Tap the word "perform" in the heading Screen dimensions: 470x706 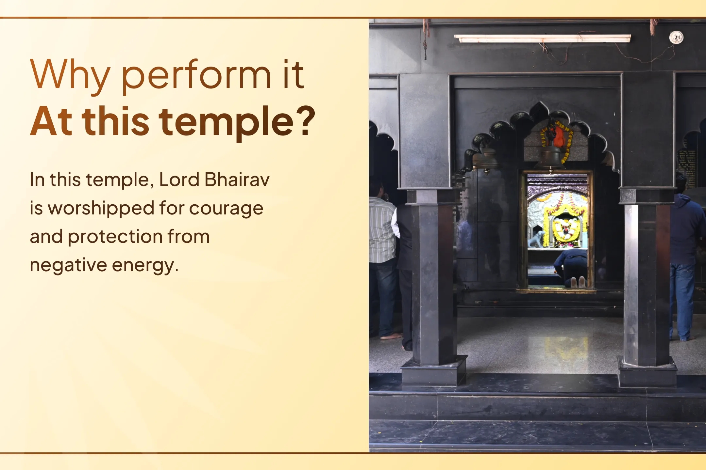196,76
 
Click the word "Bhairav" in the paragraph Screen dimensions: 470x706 237,180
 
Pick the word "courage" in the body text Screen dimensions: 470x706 226,209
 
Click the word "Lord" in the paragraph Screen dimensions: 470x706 179,180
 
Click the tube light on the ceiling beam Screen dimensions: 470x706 542,39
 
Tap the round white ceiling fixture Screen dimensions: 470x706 676,37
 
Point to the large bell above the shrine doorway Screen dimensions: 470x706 551,157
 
